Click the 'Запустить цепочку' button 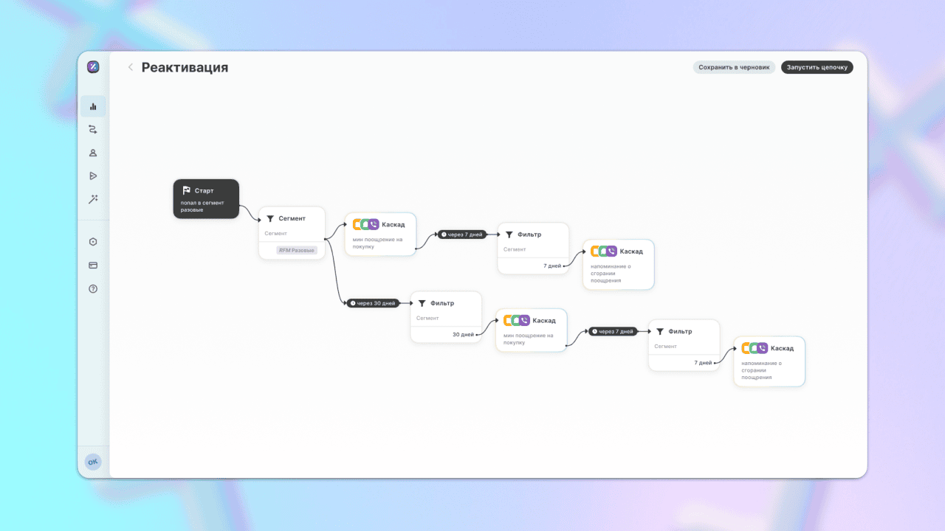coord(817,67)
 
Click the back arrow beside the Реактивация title coord(131,67)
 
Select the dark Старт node coord(206,199)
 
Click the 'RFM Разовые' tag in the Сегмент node coord(297,250)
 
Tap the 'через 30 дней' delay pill coord(373,303)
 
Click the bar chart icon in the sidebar coord(93,107)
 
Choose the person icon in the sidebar coord(93,153)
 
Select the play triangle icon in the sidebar coord(93,176)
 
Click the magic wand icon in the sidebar coord(93,199)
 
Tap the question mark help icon coord(93,289)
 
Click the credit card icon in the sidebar coord(93,265)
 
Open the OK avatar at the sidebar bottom coord(93,462)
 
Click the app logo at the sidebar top coord(93,67)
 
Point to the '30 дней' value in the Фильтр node coord(463,335)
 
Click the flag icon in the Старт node coord(187,190)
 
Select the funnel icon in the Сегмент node coord(270,219)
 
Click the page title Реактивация coord(185,67)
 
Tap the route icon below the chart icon coord(93,130)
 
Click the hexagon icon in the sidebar coord(93,242)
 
